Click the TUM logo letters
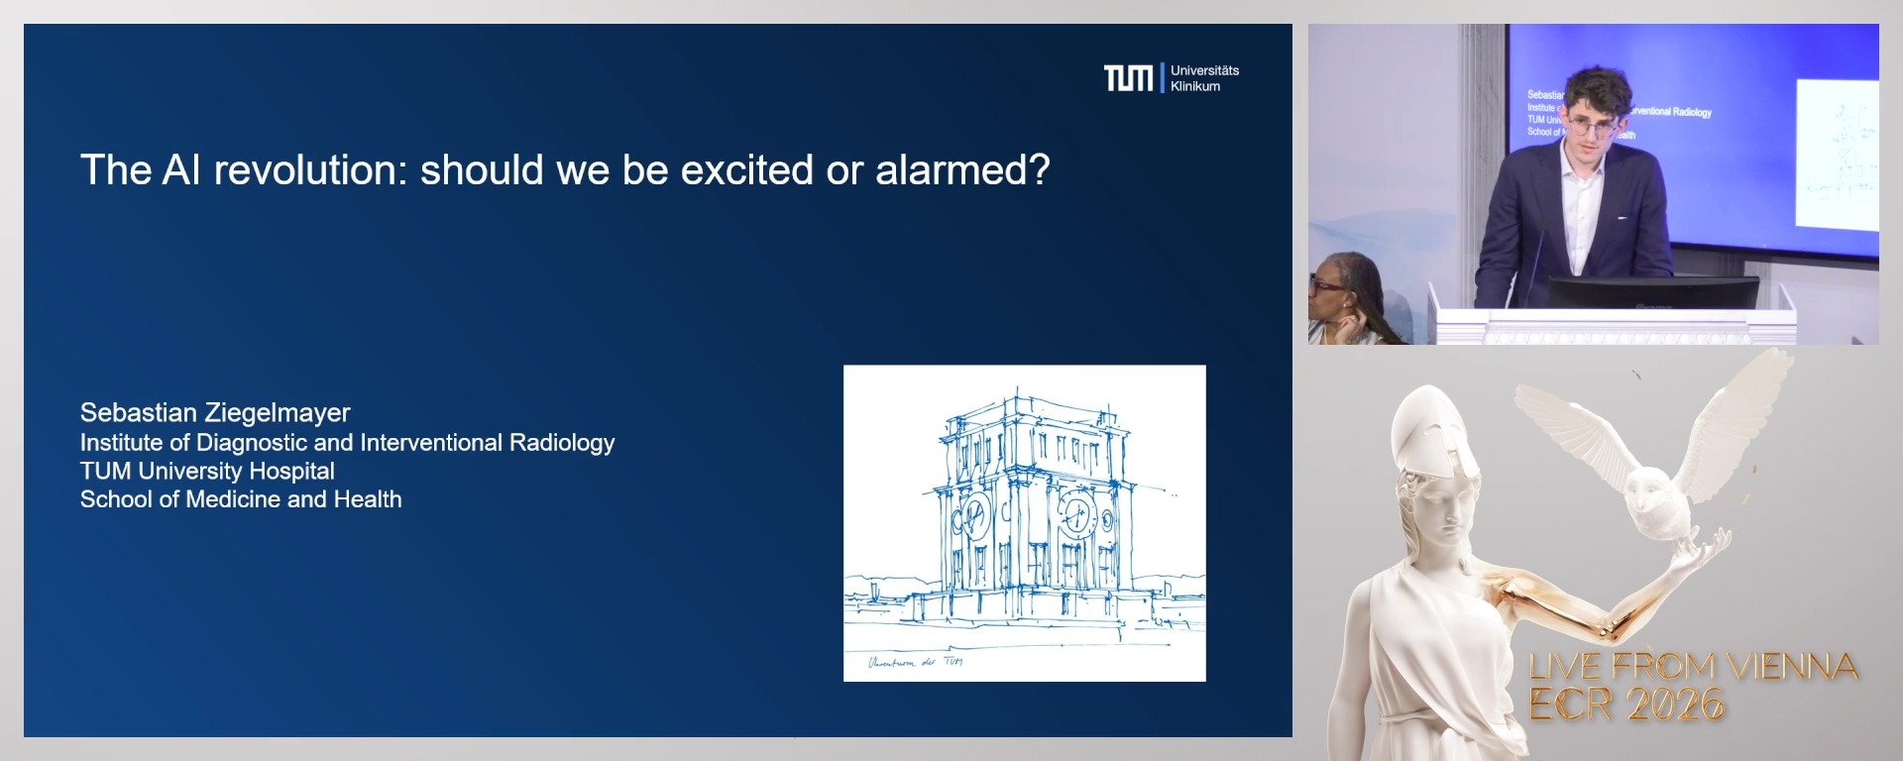pos(1128,78)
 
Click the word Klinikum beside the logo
pos(1194,87)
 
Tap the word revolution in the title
pos(310,170)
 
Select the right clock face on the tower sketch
pos(1075,515)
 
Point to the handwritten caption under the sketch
pos(914,662)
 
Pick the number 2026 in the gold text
pos(1675,705)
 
